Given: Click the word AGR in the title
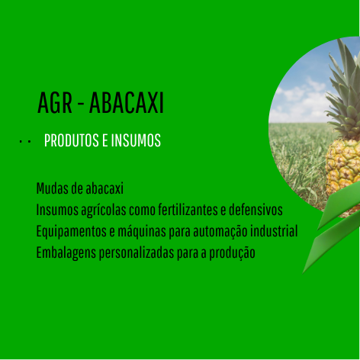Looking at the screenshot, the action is pos(55,103).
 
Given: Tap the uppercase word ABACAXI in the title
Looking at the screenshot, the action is pos(127,103).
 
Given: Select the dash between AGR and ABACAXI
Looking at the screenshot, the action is pos(81,104).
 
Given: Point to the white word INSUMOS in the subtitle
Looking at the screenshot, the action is pos(136,140).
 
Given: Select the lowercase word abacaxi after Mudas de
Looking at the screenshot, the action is pos(104,188).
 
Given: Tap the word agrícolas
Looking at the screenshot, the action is pos(104,211).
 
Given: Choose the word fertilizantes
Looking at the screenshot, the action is pos(188,210).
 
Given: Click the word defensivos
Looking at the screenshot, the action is pos(256,210).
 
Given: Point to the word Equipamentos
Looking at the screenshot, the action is pos(72,232).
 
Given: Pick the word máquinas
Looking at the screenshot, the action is pos(141,232).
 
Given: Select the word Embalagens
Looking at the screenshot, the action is pos(66,253).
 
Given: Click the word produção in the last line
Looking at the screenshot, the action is pos(232,253).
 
